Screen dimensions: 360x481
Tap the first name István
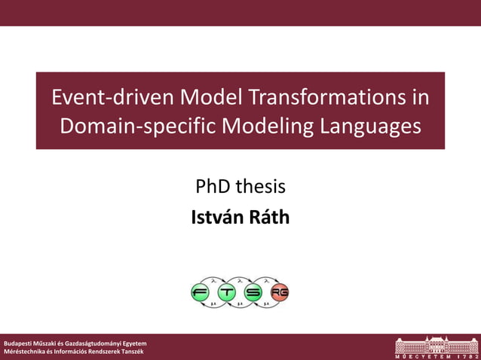(219, 218)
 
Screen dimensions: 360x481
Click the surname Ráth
(269, 218)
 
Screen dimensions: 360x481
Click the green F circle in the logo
(201, 292)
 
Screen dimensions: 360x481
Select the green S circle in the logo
(254, 292)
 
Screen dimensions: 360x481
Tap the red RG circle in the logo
(280, 292)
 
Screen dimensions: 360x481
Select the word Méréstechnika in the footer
(25, 352)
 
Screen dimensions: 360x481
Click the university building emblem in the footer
(437, 344)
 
